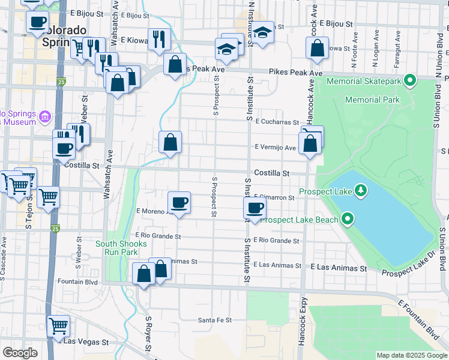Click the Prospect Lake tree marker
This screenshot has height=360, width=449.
tap(361, 191)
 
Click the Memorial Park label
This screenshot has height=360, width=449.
tap(372, 100)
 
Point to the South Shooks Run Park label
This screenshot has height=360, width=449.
tap(120, 248)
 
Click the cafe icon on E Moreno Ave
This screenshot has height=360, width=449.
tap(178, 202)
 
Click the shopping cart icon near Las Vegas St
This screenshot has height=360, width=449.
tap(58, 326)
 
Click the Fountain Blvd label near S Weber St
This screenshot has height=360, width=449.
tap(77, 281)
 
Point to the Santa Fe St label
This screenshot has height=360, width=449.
tap(215, 320)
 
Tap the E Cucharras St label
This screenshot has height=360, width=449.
tap(277, 122)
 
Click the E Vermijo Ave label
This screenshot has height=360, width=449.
tap(275, 147)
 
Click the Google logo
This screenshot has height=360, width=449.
tap(20, 353)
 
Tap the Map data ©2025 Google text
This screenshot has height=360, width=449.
tap(411, 355)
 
